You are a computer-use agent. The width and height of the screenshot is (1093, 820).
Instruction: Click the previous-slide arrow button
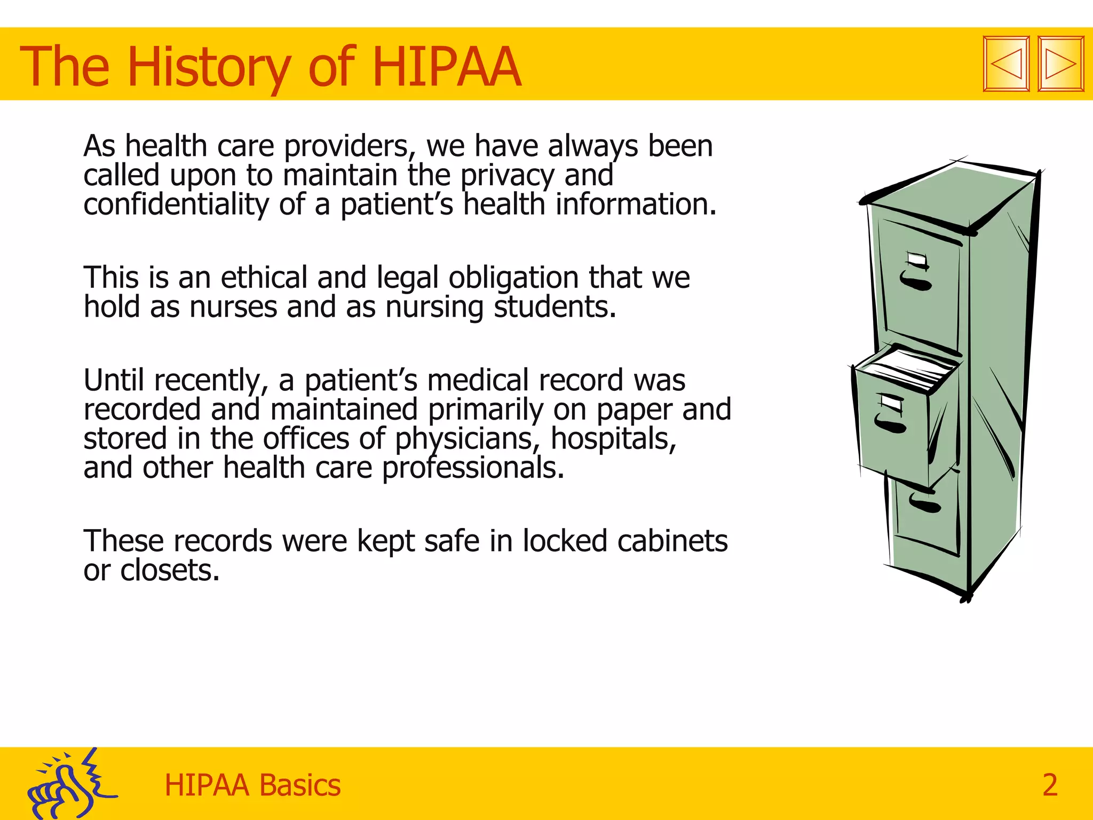click(1006, 64)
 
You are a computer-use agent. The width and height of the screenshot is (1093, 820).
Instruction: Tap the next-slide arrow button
click(1061, 64)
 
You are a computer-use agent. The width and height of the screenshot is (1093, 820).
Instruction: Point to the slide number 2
click(1050, 785)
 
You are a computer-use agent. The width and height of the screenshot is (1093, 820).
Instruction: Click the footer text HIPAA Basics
click(252, 785)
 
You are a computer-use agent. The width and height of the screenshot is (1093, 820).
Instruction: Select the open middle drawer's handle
click(890, 424)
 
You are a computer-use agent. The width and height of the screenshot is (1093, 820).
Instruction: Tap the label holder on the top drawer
click(918, 261)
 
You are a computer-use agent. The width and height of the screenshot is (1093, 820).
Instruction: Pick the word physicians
click(464, 439)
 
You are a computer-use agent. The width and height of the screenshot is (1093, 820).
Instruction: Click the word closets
click(169, 570)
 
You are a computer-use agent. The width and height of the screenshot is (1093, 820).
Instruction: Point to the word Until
click(114, 380)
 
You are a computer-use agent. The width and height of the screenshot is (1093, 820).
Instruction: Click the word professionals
click(473, 468)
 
